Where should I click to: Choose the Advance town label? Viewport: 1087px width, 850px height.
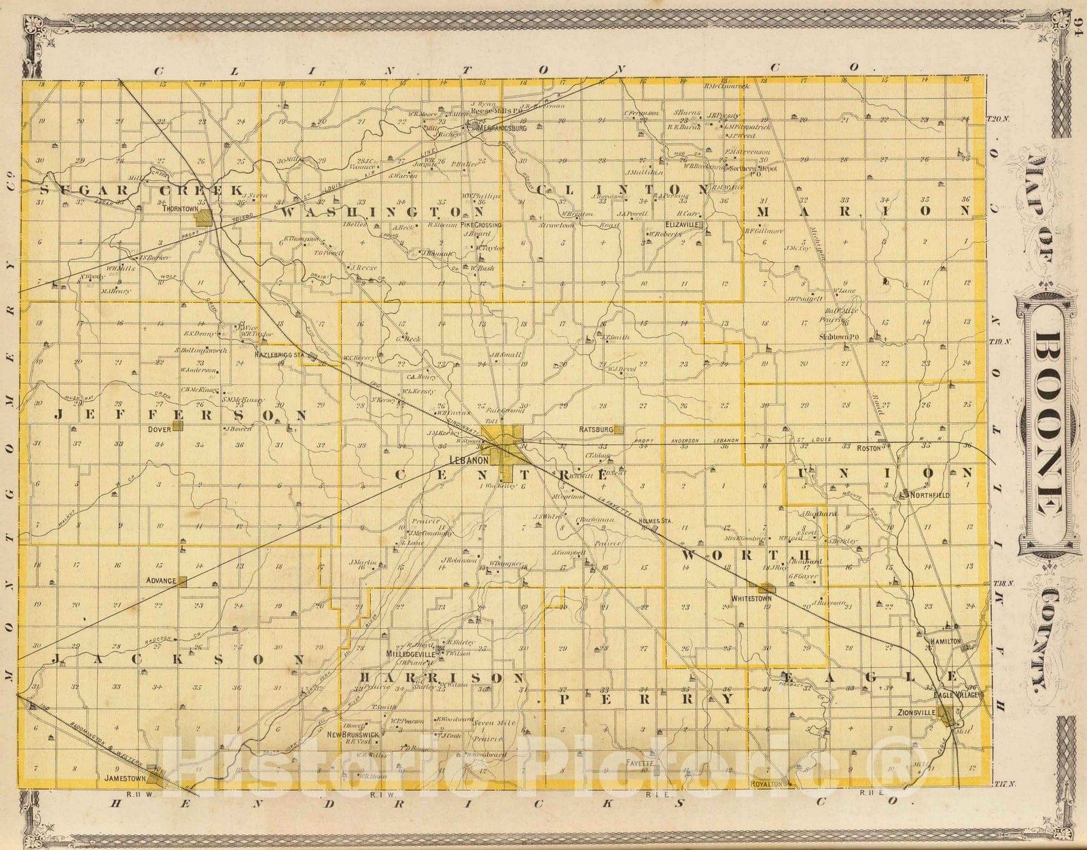point(161,581)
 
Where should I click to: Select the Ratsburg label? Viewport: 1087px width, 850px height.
point(596,429)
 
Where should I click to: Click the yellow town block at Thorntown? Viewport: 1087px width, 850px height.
point(202,219)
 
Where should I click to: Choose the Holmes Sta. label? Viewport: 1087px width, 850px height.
point(655,520)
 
